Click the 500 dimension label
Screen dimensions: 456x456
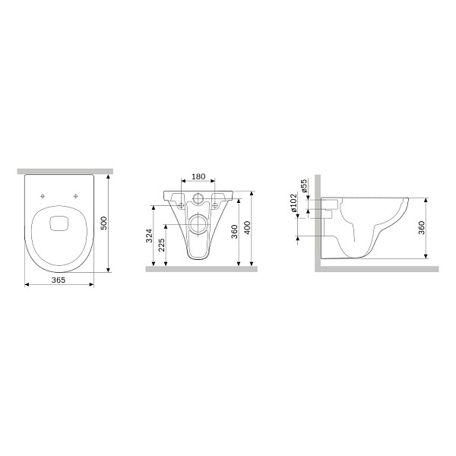click(104, 223)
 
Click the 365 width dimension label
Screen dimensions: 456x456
click(59, 280)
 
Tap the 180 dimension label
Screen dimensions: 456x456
click(198, 176)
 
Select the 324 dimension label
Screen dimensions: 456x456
click(149, 236)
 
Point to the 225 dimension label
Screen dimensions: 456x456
click(162, 245)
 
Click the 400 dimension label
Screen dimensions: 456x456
click(246, 228)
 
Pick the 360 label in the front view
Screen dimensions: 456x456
click(234, 232)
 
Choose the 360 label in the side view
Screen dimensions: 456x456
click(421, 228)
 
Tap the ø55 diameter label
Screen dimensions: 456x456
click(303, 185)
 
